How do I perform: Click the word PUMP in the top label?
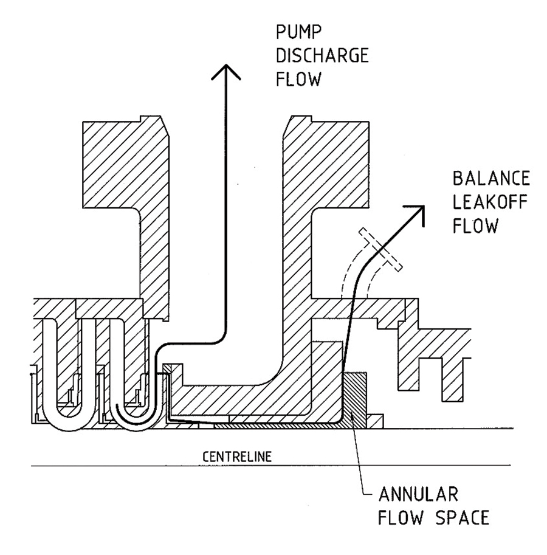pos(295,34)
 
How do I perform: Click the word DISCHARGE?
pos(322,57)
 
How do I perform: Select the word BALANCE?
pos(492,181)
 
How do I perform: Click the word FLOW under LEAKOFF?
pos(476,226)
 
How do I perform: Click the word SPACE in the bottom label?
pos(464,518)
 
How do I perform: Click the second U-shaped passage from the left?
pos(128,377)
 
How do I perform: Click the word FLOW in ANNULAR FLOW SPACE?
pos(402,518)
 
